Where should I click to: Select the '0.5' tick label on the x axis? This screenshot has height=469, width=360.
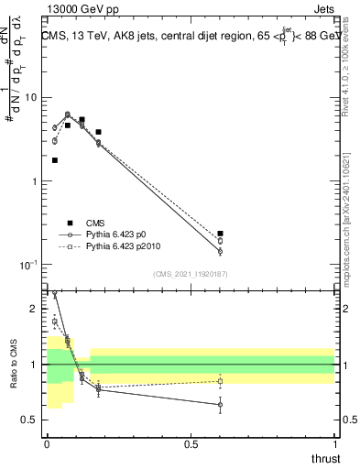coord(191,444)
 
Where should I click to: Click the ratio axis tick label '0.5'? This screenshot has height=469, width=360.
coord(29,420)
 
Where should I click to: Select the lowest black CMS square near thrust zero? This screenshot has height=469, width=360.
coord(55,160)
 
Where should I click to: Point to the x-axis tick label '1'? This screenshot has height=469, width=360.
coord(334,444)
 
